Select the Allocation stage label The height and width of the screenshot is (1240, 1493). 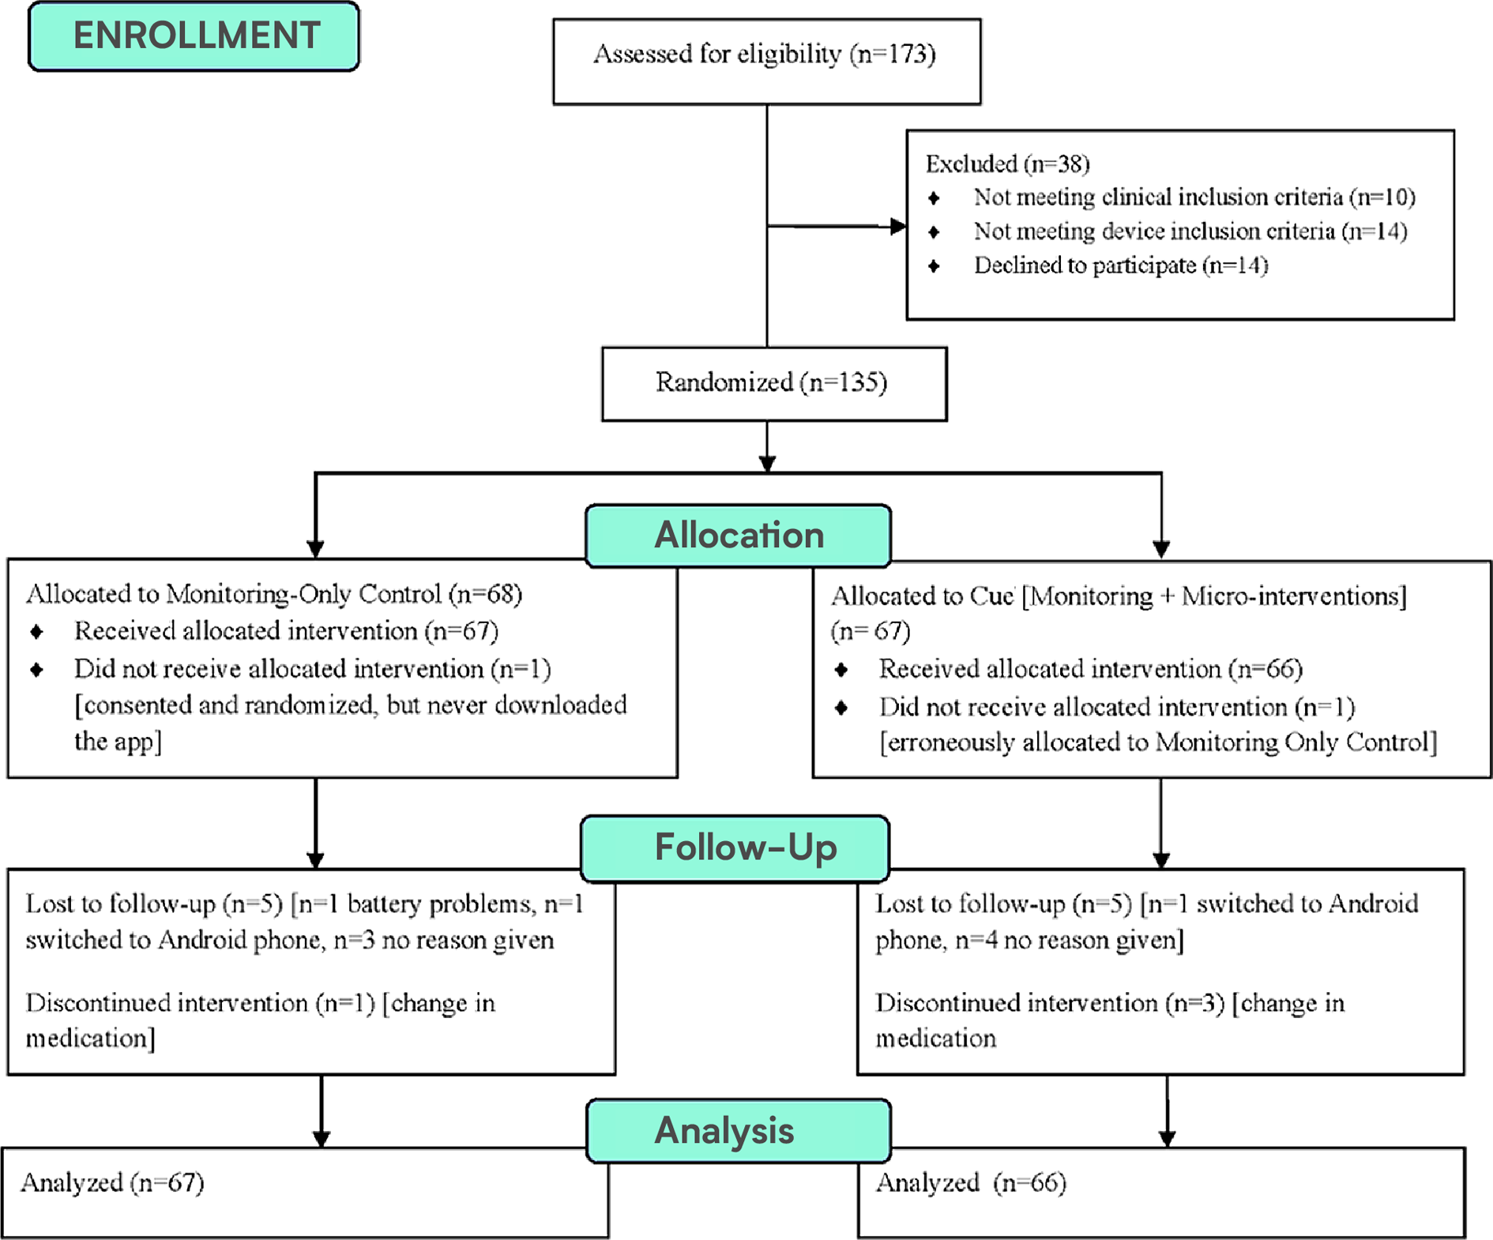[739, 535]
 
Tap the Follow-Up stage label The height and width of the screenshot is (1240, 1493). [744, 848]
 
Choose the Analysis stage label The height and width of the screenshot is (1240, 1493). [724, 1130]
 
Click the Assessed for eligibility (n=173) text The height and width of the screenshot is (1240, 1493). [765, 54]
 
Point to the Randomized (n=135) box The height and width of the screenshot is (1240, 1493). [773, 383]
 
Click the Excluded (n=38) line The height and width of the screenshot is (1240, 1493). [1007, 164]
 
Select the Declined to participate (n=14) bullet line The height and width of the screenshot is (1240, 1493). [1120, 265]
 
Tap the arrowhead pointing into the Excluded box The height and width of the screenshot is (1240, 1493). [897, 227]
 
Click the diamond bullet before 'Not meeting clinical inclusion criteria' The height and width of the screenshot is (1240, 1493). [934, 197]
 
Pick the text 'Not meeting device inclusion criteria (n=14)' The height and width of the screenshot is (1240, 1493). [1190, 231]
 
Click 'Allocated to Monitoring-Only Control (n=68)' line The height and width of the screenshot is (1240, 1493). [274, 594]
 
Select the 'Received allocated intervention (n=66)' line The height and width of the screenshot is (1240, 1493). [1090, 669]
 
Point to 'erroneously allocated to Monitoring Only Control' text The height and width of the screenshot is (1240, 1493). [1158, 742]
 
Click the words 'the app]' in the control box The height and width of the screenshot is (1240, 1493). [118, 742]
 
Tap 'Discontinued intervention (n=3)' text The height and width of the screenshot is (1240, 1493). [1050, 1003]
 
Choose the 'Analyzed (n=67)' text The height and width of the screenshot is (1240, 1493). [113, 1183]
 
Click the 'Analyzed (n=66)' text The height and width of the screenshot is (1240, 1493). [971, 1183]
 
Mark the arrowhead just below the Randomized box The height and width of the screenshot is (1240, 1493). [767, 463]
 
